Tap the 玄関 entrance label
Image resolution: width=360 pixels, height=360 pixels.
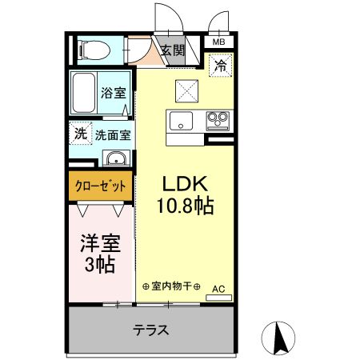click(171, 50)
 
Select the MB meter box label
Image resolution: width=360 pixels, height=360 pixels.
click(218, 42)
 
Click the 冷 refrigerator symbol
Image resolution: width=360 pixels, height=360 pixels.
click(218, 66)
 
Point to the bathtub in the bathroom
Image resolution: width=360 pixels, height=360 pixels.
click(83, 92)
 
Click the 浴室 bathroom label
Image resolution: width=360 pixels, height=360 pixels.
click(113, 93)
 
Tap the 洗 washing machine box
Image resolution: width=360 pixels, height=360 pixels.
click(80, 133)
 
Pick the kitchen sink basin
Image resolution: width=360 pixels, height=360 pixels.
click(181, 122)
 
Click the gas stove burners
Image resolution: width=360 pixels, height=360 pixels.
click(217, 122)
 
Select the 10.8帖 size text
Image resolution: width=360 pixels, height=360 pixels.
click(184, 206)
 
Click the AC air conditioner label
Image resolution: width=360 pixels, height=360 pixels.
click(218, 286)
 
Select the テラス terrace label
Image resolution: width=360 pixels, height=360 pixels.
click(150, 329)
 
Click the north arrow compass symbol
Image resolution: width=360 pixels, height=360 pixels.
click(281, 338)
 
